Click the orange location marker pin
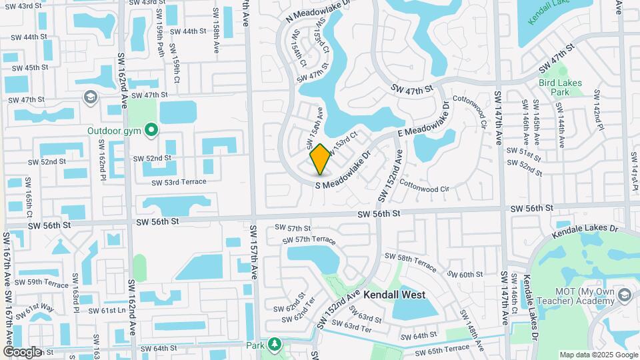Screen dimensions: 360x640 (x=320, y=159)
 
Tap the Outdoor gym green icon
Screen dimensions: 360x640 (x=152, y=130)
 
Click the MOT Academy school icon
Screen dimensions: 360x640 (x=625, y=295)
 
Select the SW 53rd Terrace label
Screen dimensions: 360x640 (x=179, y=182)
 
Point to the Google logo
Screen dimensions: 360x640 (x=22, y=352)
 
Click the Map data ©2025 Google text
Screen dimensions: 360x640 (x=598, y=355)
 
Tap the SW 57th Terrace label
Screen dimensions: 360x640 (x=309, y=240)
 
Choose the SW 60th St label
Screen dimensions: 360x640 (x=465, y=275)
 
